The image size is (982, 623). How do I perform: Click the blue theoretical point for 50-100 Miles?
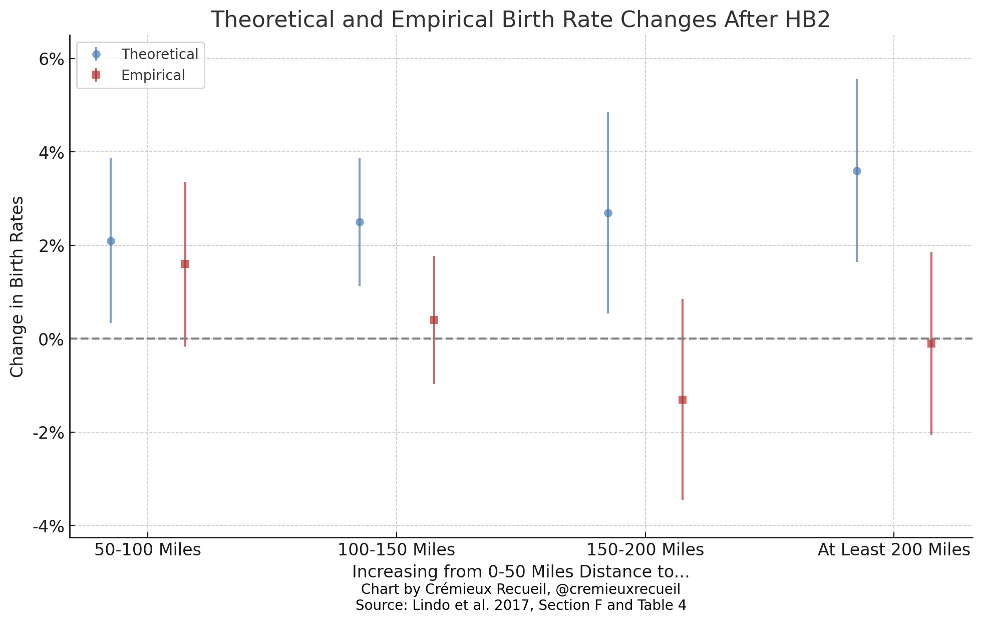pos(111,241)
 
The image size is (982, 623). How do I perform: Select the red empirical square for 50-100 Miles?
pos(185,264)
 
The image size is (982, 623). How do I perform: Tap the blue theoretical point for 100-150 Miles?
pos(360,222)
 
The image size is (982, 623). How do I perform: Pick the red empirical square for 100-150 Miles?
pos(434,320)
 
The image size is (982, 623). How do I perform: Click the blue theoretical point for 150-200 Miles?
pos(608,213)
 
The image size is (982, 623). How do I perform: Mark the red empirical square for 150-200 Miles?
pos(683,400)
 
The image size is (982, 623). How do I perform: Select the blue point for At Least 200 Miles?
pos(857,171)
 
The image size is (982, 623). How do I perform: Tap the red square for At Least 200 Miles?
pos(931,343)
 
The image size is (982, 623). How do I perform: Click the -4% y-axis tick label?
pos(49,526)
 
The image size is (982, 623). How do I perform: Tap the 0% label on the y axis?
pos(52,340)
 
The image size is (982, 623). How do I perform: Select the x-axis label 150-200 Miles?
pos(645,550)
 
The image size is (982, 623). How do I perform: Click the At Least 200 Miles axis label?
pos(894,550)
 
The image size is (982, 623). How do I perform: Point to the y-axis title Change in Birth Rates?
pos(17,286)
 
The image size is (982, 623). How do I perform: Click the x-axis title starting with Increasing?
pos(521,571)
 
